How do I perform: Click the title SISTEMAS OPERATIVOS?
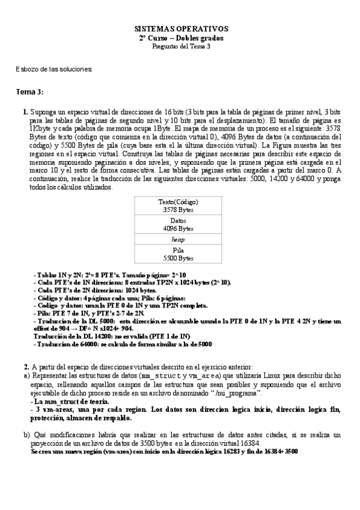point(180,28)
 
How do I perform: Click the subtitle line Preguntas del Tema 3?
point(180,46)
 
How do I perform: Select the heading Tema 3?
point(29,91)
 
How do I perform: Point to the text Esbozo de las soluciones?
point(54,69)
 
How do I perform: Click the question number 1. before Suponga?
point(25,112)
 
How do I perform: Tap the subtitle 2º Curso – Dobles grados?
point(180,37)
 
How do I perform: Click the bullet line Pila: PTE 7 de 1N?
point(90,313)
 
